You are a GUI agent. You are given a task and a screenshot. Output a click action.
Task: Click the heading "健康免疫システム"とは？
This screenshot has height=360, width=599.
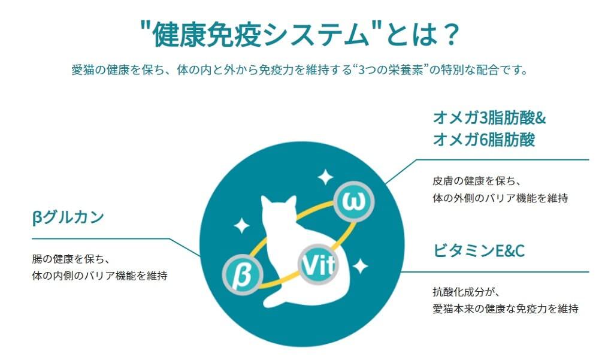(x=299, y=35)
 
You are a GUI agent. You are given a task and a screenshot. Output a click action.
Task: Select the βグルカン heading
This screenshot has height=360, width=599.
(x=68, y=216)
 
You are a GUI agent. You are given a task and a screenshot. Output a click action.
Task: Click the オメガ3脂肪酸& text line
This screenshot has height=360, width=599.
(x=489, y=117)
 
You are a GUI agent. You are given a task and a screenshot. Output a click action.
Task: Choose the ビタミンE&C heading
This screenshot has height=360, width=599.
(x=479, y=250)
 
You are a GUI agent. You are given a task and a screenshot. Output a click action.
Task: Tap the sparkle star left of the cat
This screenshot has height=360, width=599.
(x=241, y=225)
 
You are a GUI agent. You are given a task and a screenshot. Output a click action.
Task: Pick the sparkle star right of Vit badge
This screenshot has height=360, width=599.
(x=360, y=265)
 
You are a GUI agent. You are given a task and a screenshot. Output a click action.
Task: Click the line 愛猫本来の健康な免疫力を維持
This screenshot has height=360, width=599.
(x=505, y=309)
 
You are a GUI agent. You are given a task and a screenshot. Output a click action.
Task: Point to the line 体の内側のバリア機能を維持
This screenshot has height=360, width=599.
(x=99, y=277)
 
